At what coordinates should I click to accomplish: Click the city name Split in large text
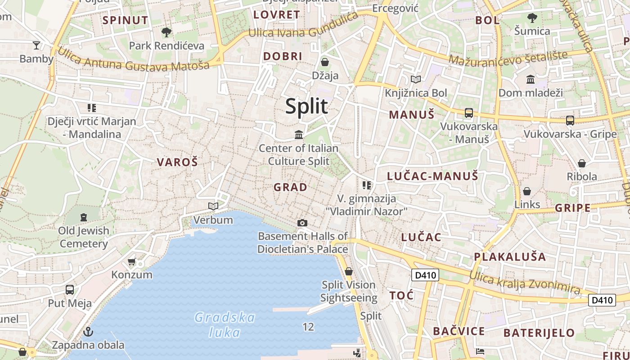pos(306,106)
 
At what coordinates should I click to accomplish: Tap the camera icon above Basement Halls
pos(302,223)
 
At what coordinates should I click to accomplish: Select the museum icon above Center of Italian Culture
pos(298,135)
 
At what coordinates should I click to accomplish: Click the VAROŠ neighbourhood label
pos(177,162)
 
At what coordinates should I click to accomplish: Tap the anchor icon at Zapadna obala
pos(88,332)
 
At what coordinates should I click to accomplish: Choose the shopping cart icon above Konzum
pos(131,261)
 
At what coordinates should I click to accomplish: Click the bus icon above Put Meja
pos(70,290)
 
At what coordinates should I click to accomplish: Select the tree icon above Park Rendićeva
pos(166,32)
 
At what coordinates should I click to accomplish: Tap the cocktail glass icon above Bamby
pos(36,45)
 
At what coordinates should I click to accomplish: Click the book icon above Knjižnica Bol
pos(416,80)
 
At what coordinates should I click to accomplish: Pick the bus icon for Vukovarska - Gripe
pos(570,121)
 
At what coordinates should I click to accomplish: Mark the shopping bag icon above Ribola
pos(582,163)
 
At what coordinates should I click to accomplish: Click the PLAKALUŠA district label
pos(510,257)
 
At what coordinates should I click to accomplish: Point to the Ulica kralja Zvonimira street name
pos(524,282)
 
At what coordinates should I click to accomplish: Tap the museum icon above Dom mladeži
pos(531,80)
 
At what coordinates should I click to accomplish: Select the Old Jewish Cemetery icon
pos(84,217)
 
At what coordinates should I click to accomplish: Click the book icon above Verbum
pos(213,206)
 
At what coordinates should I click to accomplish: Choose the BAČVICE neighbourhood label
pos(459,332)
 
